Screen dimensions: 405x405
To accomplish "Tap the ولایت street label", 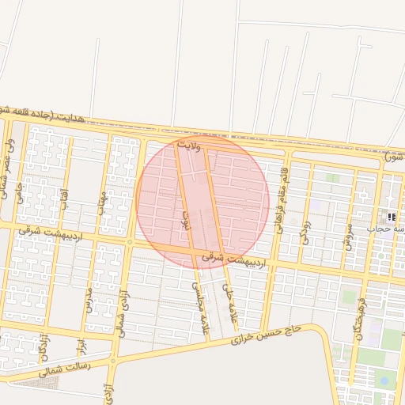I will (x=190, y=146).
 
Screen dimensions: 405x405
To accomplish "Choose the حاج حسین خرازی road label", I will (x=267, y=333).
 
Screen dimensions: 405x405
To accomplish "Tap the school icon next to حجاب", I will (x=392, y=217).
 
